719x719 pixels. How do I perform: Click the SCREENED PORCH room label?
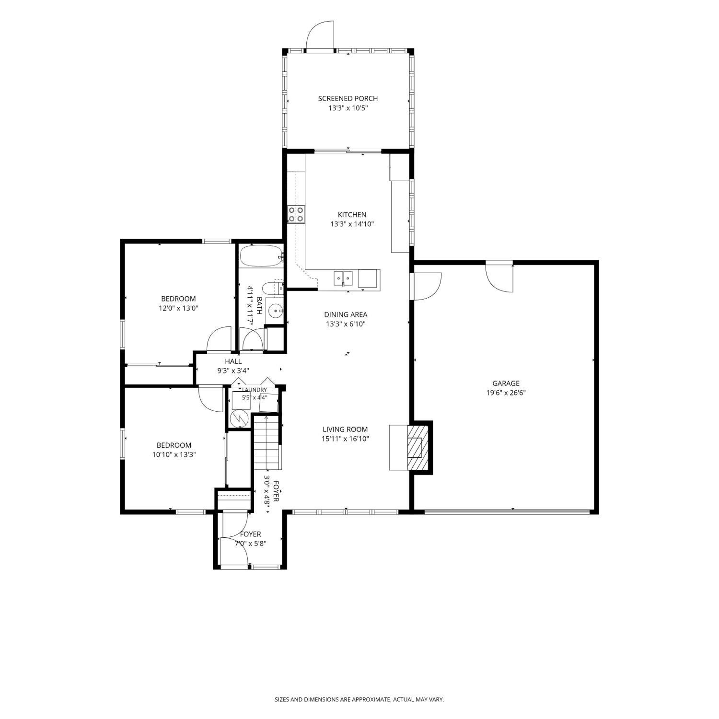348,98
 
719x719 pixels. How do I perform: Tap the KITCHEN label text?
352,215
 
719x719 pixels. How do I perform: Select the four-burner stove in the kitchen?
296,214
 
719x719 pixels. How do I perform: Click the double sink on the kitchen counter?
343,278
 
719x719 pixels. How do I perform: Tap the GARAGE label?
506,383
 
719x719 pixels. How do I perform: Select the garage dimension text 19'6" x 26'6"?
506,393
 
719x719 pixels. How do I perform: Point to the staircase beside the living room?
266,443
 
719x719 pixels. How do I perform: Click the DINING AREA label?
346,314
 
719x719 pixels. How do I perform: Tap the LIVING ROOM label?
345,429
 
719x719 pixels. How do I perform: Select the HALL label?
233,361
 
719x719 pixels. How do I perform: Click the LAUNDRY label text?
255,390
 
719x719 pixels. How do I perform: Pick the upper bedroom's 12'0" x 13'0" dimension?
178,308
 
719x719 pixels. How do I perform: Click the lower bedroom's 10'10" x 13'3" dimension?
174,455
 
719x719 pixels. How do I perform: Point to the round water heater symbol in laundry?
238,418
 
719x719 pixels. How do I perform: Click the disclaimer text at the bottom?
359,700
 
